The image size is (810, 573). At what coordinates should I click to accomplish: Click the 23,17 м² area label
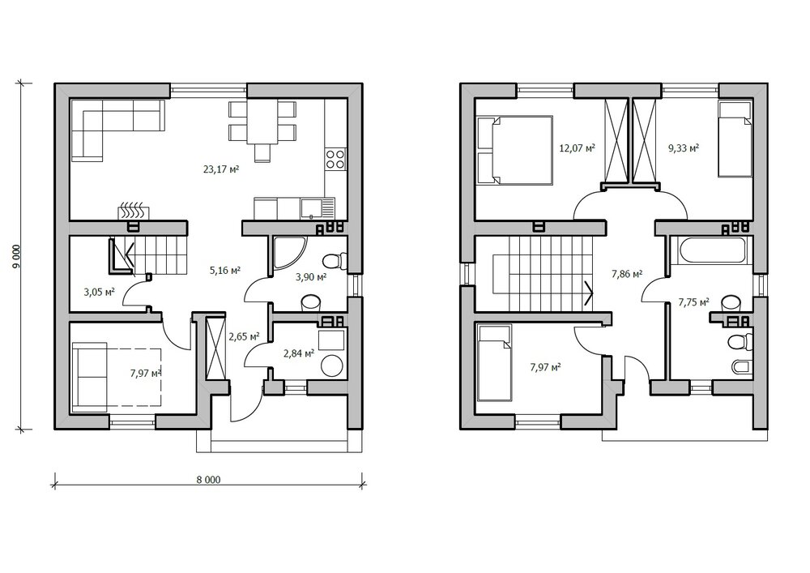pyautogui.click(x=220, y=169)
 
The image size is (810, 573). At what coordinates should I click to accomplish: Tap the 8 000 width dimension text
pyautogui.click(x=208, y=480)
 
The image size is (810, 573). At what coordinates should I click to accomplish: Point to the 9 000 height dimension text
pyautogui.click(x=16, y=256)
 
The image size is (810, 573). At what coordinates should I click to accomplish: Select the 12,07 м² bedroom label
pyautogui.click(x=577, y=148)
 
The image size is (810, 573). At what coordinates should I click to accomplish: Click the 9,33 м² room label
pyautogui.click(x=684, y=148)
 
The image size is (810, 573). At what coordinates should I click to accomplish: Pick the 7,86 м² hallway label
pyautogui.click(x=627, y=274)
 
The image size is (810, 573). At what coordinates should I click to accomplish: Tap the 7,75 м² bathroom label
pyautogui.click(x=693, y=302)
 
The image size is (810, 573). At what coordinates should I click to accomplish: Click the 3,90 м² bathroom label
pyautogui.click(x=310, y=277)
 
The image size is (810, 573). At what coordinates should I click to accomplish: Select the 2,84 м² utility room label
pyautogui.click(x=299, y=353)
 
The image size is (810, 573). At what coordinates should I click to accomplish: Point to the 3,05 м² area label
pyautogui.click(x=99, y=292)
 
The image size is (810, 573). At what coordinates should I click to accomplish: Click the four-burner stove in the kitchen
pyautogui.click(x=335, y=159)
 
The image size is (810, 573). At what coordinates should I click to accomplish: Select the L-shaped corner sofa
pyautogui.click(x=117, y=129)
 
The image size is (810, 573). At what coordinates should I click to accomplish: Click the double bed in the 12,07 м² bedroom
pyautogui.click(x=514, y=150)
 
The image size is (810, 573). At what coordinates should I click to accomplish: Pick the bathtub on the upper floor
pyautogui.click(x=712, y=251)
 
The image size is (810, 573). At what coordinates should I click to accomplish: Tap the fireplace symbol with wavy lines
pyautogui.click(x=134, y=212)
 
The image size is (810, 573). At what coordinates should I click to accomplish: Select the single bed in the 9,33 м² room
pyautogui.click(x=735, y=139)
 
